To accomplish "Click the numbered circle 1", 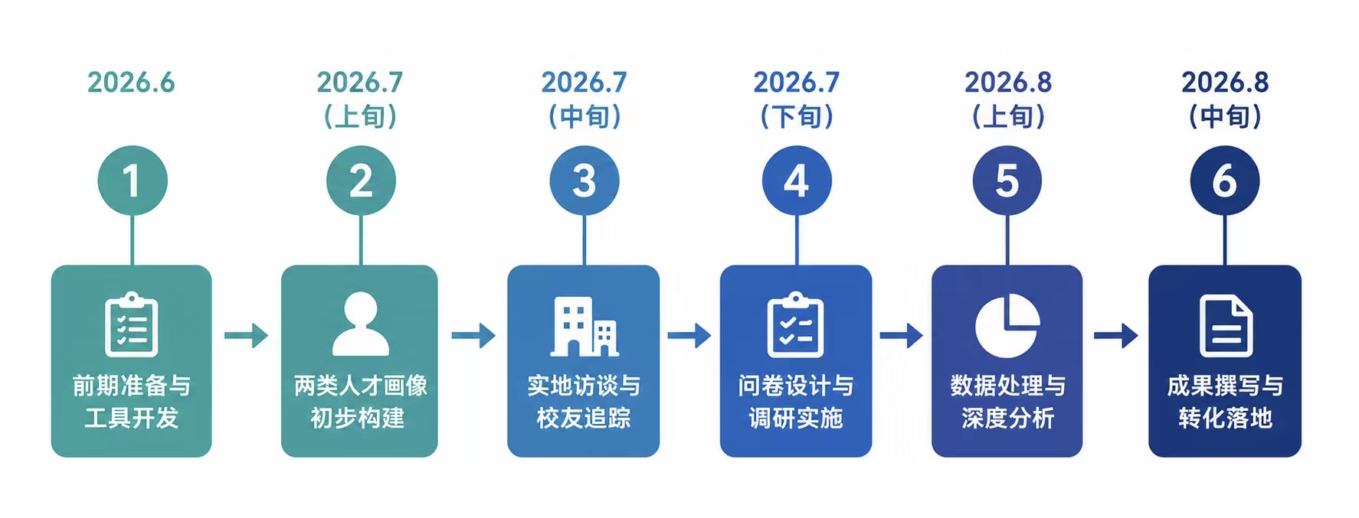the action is coord(132,181).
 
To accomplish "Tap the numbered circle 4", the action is coord(797,181).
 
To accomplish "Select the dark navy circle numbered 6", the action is coord(1224,181).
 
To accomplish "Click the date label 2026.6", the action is coord(131,83).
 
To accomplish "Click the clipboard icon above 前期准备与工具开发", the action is coord(132,324).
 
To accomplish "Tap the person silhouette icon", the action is coord(361,324).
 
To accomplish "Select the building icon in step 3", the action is coord(585,327).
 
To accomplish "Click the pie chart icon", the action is coord(1007,325).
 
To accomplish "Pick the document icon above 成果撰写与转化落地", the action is coord(1226,326).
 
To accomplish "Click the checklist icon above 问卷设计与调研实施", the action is coord(796,324).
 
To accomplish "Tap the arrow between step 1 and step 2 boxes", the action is coord(246,335).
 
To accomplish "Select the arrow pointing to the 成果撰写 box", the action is coord(1115,335).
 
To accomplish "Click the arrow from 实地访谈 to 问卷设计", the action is coord(689,335).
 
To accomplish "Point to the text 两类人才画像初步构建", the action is coord(360,402).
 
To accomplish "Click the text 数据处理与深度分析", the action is coord(1007,402).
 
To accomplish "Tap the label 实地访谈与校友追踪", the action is coord(584,402).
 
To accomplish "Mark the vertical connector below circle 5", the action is coord(1007,240).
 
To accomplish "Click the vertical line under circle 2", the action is coord(361,240).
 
